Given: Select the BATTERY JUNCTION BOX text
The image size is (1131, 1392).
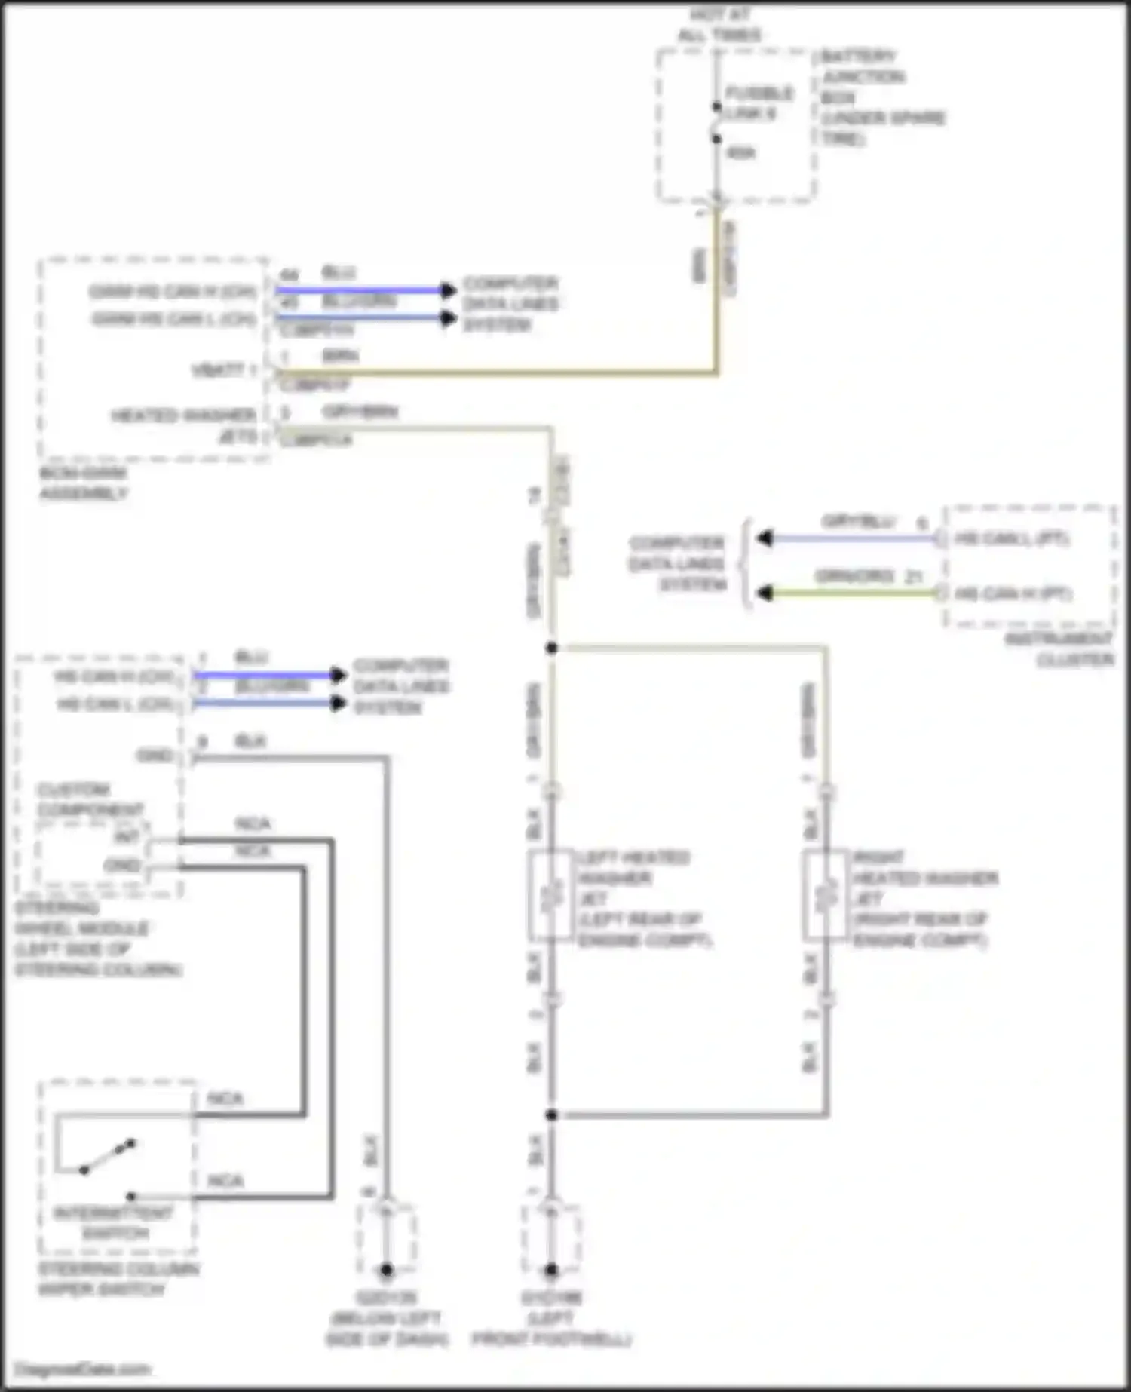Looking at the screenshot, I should coord(863,76).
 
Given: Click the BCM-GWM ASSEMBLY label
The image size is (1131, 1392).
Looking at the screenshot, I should coord(83,483).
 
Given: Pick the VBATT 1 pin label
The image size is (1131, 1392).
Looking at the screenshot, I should coord(224,370).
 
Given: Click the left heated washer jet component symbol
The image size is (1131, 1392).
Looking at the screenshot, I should coord(551,894).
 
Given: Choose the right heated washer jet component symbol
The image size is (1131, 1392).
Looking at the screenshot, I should coord(826,894).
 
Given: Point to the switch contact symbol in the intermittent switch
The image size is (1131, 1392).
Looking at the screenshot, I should coord(107,1157).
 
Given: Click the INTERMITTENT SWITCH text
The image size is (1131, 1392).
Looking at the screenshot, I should coord(114,1223).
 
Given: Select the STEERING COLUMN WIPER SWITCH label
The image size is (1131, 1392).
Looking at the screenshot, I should coord(118,1280).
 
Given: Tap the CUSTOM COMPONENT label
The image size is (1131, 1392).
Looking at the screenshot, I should coord(89,800).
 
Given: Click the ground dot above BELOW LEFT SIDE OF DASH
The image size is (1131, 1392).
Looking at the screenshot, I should coord(386,1270).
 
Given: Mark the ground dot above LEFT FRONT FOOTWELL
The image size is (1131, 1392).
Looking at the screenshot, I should coord(551,1270).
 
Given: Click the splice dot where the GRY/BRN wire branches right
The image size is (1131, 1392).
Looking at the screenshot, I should coord(552,648).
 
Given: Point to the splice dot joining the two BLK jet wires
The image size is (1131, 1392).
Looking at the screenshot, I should coord(552,1115).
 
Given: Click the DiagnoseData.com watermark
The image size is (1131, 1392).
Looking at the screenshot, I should coord(83,1369).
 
